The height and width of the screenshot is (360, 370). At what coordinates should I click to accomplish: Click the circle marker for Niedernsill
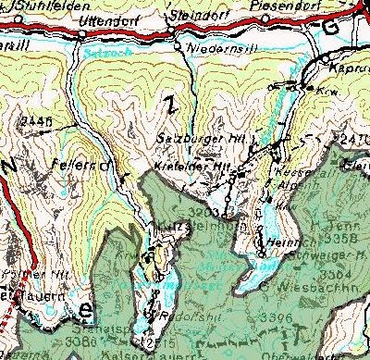click(x=177, y=43)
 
